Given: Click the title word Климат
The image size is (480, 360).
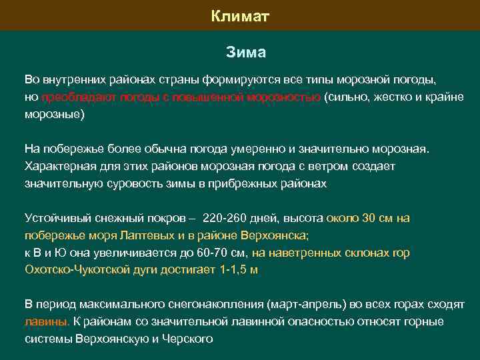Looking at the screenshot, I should click(240, 15).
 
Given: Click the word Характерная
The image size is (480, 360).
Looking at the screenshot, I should click(58, 165).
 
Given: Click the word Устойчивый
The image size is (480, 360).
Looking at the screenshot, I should click(55, 218).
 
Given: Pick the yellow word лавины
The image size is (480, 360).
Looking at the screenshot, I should click(46, 322).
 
